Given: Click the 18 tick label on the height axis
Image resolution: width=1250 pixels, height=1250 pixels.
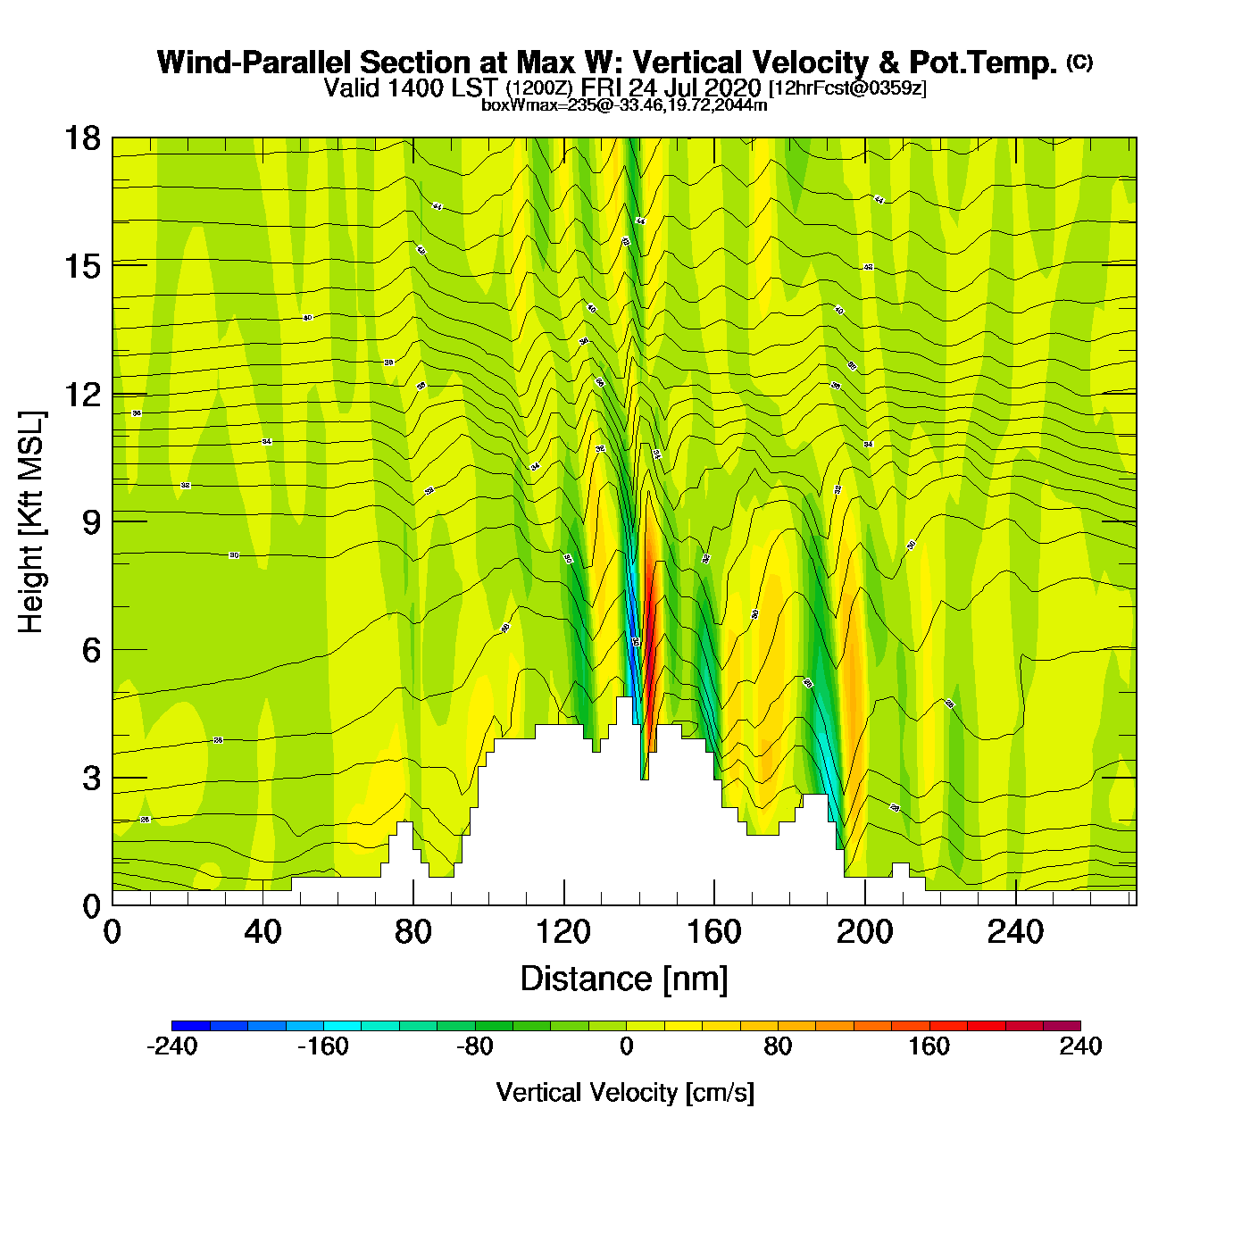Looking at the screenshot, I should tap(81, 138).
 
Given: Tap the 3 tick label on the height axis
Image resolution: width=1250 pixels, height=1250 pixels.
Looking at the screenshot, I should tap(91, 778).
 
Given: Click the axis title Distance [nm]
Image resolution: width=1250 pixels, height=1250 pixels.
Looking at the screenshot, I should tap(624, 979).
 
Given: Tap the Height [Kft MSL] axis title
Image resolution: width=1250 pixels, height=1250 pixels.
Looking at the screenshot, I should tap(31, 522).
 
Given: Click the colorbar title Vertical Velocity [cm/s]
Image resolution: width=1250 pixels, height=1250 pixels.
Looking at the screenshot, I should tap(625, 1093).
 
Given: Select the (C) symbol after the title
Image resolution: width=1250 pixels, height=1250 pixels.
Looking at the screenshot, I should tap(1079, 62).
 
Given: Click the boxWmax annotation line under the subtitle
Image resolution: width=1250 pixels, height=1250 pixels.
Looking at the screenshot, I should tap(624, 105).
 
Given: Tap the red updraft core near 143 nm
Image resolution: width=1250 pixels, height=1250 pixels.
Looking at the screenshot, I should tap(651, 625).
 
